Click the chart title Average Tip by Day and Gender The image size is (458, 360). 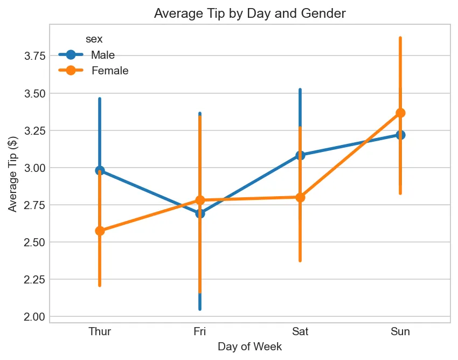click(249, 14)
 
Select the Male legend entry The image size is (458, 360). click(102, 55)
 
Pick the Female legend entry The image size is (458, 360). click(109, 71)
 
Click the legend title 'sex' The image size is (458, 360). click(94, 39)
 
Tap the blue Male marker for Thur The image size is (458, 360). click(100, 170)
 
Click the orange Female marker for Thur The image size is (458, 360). click(100, 231)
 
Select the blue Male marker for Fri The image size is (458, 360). click(200, 213)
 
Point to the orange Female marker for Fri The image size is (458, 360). click(200, 200)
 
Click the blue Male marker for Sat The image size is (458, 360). click(300, 155)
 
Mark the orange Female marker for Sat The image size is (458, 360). click(300, 197)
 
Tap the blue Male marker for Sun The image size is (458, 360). click(400, 135)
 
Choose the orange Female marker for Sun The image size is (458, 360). click(400, 113)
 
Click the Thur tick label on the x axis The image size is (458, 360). click(100, 331)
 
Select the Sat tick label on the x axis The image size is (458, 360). click(300, 331)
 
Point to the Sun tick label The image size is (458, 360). click(400, 331)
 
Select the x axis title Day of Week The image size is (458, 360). click(249, 347)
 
